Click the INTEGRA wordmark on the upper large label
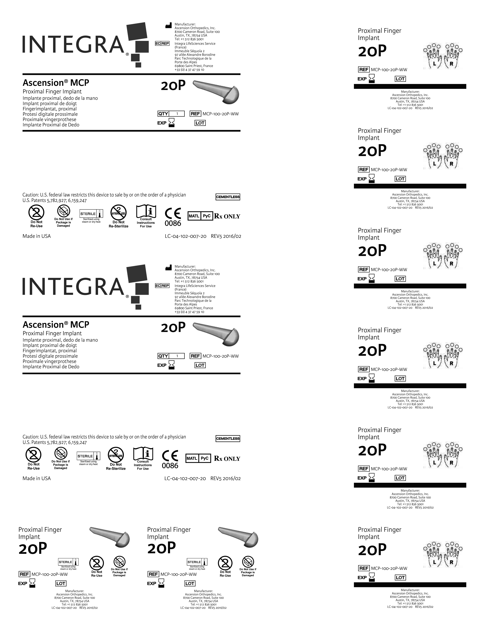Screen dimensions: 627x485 click(x=73, y=45)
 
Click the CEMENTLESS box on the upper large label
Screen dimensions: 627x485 click(x=228, y=197)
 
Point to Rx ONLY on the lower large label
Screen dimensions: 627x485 click(x=227, y=459)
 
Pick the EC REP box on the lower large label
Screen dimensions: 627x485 click(x=162, y=286)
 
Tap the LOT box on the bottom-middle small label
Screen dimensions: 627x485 click(x=190, y=583)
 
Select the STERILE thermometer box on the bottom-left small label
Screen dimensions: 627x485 click(x=68, y=562)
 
